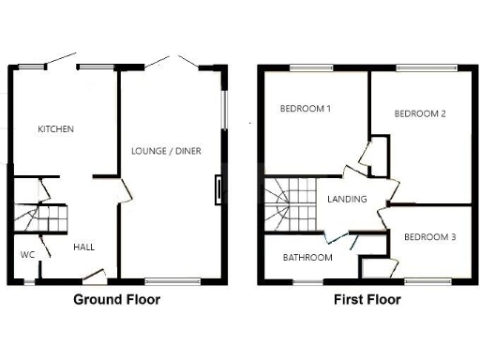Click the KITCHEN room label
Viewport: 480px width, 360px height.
coord(55,129)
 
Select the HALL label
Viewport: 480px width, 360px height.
coord(84,247)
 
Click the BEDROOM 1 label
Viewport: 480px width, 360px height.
coord(307,108)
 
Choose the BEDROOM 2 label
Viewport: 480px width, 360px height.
coord(419,114)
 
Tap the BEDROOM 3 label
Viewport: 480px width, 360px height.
coord(429,237)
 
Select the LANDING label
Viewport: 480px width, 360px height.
coord(346,199)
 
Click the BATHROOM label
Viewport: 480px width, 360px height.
coord(307,258)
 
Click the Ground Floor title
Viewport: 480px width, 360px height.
coord(116,301)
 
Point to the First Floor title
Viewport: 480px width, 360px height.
coord(367,301)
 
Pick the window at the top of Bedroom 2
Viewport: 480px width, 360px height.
coord(427,67)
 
